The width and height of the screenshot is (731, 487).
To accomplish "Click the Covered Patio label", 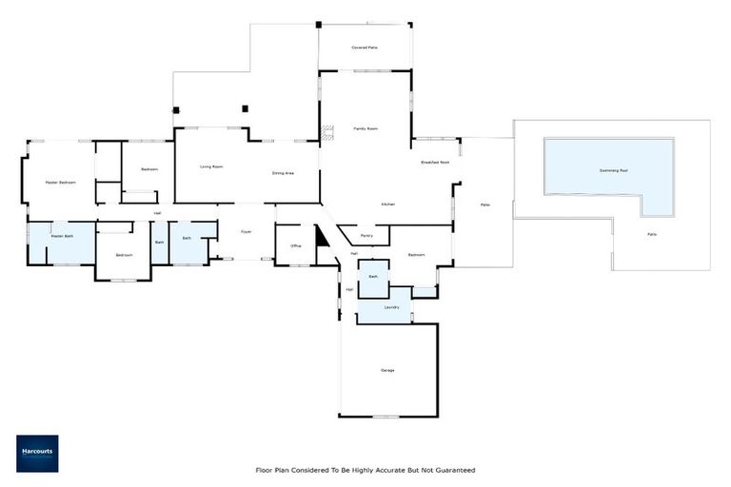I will tap(365, 46).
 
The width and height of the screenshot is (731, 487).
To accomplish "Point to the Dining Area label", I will tap(283, 173).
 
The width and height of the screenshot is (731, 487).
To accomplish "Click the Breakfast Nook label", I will tap(435, 163).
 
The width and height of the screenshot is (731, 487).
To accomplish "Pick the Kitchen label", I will tap(387, 205).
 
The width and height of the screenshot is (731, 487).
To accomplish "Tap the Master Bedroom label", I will tap(60, 182).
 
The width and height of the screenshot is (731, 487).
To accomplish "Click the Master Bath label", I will tap(62, 235).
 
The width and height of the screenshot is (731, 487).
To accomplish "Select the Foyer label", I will tap(246, 231).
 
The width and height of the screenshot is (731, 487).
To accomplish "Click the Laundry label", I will tap(390, 307).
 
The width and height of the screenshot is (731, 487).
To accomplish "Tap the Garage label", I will tap(387, 370).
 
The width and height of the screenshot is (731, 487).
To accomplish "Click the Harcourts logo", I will tap(37, 454).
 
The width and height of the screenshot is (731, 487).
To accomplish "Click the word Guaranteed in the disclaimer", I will tap(453, 470).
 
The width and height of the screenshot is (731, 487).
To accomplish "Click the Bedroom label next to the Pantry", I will tap(416, 255).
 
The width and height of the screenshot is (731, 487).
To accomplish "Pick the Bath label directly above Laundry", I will tap(374, 276).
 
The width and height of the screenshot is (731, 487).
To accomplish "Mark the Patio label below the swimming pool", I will tap(652, 234).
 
